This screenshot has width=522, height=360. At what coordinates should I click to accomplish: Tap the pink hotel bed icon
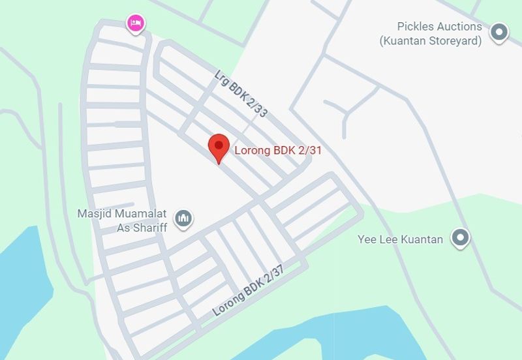(135, 23)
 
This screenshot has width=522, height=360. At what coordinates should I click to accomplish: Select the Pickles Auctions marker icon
(499, 32)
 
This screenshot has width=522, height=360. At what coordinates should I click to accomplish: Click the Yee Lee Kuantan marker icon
(461, 238)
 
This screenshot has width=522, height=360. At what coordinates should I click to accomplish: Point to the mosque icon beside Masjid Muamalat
(184, 218)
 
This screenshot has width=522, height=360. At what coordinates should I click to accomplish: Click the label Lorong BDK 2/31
(279, 151)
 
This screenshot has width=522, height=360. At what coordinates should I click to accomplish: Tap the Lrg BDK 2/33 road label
(241, 93)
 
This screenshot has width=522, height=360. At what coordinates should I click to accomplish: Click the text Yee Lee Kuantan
(401, 239)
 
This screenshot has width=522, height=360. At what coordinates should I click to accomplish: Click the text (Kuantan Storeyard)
(431, 40)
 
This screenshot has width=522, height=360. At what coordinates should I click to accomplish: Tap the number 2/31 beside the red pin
(309, 151)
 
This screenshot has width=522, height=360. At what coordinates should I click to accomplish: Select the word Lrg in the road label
(222, 76)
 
